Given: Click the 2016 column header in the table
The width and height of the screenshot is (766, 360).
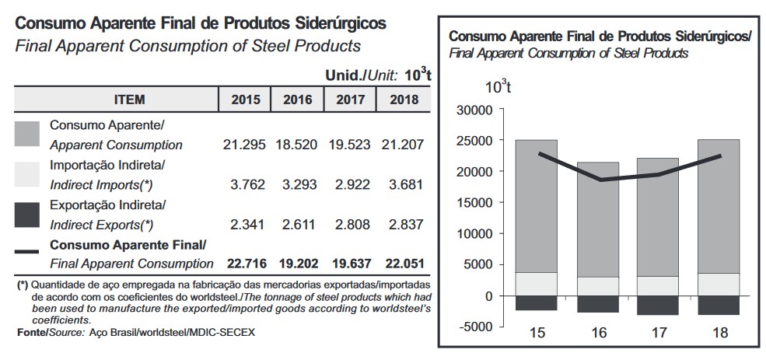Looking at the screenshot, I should [297, 100].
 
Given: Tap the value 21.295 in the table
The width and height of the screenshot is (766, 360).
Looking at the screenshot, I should [244, 145].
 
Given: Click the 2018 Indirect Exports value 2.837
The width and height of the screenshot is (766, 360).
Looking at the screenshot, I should [404, 225].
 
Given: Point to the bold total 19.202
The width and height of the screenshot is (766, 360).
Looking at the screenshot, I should [297, 264].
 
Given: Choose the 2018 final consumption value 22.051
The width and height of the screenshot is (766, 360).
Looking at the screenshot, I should [404, 264].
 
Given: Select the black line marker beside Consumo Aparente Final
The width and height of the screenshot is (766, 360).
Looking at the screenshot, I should [27, 251].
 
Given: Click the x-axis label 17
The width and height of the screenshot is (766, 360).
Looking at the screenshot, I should [658, 333].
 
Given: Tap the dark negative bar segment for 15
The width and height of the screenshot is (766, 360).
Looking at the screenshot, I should [537, 303].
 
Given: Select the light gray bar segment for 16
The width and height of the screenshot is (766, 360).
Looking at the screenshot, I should [597, 286].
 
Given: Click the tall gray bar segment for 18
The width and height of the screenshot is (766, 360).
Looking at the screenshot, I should [719, 206].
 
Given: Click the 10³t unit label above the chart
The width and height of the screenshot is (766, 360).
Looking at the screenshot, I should [498, 86].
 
